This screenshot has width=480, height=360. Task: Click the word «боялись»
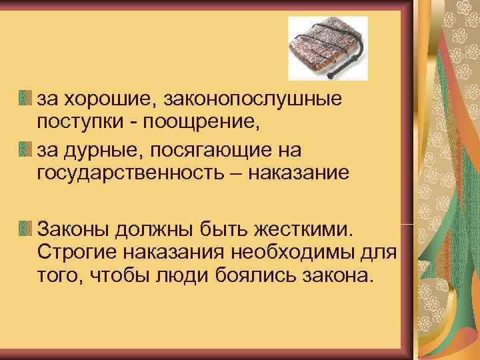coord(254,275)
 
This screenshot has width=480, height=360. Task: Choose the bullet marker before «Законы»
coord(25,229)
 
